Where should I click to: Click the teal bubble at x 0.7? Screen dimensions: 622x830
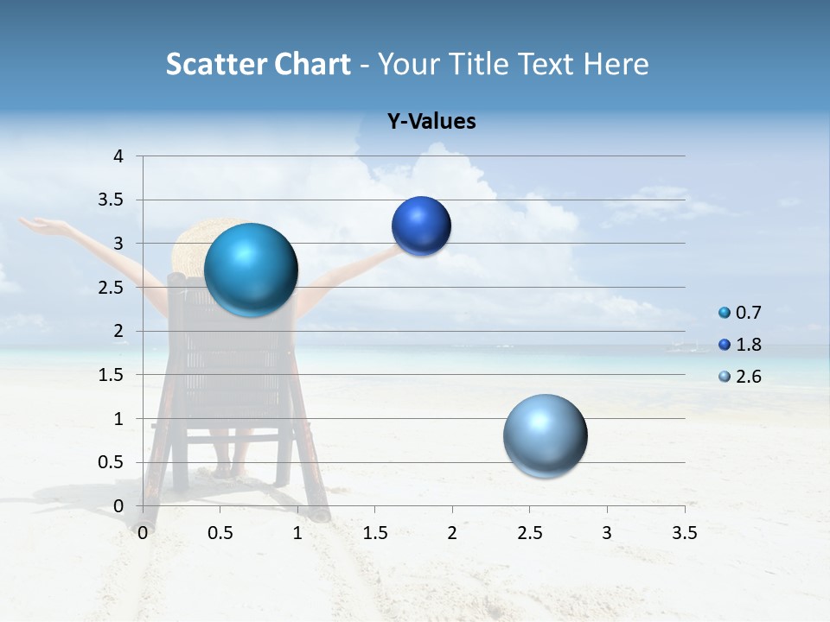tap(251, 270)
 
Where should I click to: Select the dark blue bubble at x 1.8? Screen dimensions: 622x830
tap(421, 226)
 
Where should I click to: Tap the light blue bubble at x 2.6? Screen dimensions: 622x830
tap(545, 435)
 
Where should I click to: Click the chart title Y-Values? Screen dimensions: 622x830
tap(431, 122)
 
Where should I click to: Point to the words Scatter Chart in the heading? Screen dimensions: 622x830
tap(258, 64)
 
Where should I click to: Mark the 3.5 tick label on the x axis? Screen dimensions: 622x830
tap(684, 533)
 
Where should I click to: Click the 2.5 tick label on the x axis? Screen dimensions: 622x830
tap(529, 533)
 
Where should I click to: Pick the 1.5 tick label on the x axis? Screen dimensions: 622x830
tap(374, 533)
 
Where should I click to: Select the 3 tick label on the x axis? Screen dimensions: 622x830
tap(606, 533)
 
